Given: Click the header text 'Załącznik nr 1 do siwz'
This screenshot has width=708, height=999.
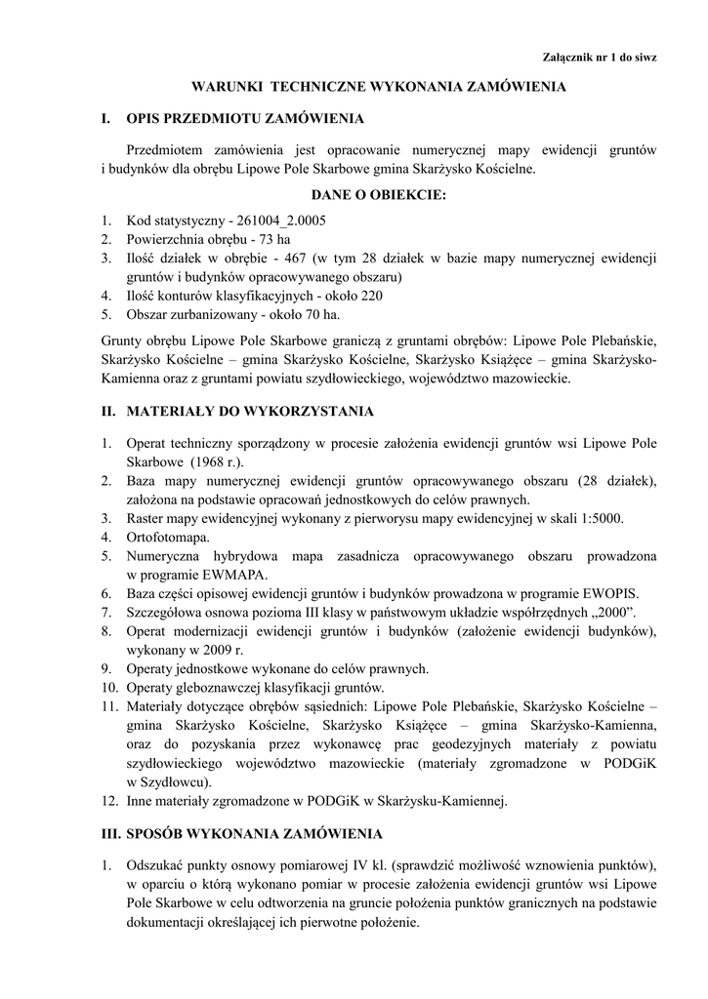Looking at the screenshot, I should (x=599, y=58).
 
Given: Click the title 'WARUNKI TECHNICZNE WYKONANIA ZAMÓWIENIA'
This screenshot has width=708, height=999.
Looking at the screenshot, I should (x=378, y=87).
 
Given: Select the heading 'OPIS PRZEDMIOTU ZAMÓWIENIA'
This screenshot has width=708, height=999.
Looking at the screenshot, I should (x=244, y=119).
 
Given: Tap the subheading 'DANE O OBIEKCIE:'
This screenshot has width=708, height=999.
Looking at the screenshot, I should (x=378, y=195).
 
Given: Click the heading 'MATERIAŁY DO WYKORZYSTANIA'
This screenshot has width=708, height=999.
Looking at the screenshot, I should (x=250, y=412).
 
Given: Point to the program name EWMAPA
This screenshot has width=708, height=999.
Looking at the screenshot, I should (x=234, y=574).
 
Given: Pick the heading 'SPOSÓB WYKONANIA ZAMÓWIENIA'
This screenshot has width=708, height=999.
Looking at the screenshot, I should (x=255, y=834).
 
